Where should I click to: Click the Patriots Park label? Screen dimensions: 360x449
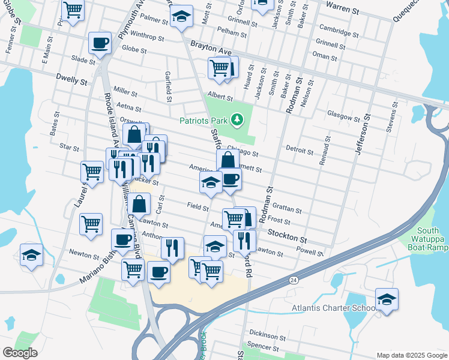204,121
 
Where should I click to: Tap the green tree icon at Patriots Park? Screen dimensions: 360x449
238,120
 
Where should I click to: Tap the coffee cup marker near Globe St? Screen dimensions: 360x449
100,43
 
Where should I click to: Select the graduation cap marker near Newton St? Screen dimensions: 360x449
31,255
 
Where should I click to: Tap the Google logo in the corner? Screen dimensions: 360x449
19,353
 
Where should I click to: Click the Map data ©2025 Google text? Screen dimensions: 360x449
411,355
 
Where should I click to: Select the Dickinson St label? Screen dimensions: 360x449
268,335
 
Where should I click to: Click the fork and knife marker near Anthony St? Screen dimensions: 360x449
172,248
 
